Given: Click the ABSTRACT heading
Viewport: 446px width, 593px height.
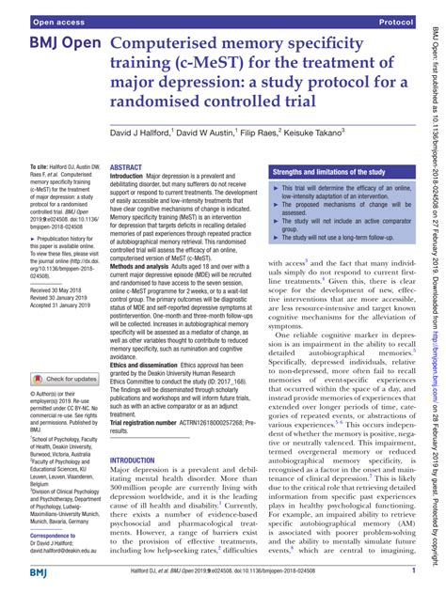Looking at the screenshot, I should tap(126, 167).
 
